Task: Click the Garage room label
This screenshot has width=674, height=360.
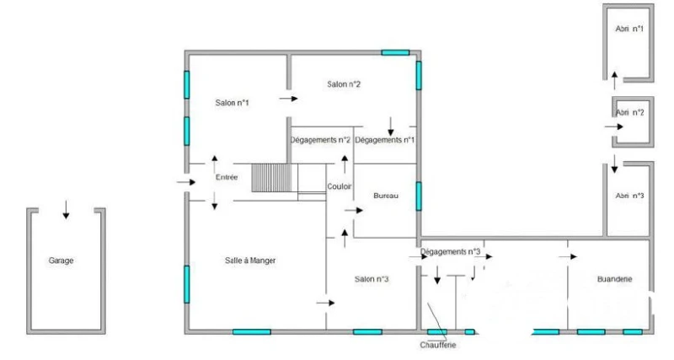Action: click(61, 261)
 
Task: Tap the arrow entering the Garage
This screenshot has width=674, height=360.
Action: click(66, 209)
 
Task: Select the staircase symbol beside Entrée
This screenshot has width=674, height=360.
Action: click(271, 178)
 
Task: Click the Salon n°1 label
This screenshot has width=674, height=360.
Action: click(233, 102)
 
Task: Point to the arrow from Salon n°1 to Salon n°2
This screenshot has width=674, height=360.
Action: click(288, 99)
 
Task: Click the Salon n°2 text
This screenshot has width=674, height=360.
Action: click(344, 83)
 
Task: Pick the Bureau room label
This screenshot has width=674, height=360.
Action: click(386, 196)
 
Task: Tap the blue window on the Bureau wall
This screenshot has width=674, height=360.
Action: click(419, 196)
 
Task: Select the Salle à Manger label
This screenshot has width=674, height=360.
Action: click(250, 261)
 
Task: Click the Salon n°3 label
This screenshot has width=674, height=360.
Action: click(372, 279)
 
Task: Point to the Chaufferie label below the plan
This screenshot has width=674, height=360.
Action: click(438, 345)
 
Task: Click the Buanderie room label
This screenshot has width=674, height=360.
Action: click(615, 279)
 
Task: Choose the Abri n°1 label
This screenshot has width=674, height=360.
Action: click(629, 29)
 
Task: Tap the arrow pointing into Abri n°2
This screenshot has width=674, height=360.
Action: click(614, 126)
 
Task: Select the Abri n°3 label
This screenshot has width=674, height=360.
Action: click(629, 196)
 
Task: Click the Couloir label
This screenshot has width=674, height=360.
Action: click(340, 186)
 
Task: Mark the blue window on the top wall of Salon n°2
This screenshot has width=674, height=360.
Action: click(395, 52)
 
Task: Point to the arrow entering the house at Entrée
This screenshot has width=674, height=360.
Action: click(186, 182)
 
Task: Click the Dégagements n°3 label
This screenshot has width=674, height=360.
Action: click(450, 251)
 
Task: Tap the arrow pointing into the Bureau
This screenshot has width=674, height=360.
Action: click(354, 210)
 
